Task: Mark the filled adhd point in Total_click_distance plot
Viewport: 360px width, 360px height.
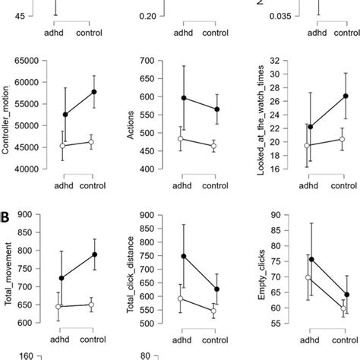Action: pyautogui.click(x=184, y=256)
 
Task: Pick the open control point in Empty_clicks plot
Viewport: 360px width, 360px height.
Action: pyautogui.click(x=343, y=309)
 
